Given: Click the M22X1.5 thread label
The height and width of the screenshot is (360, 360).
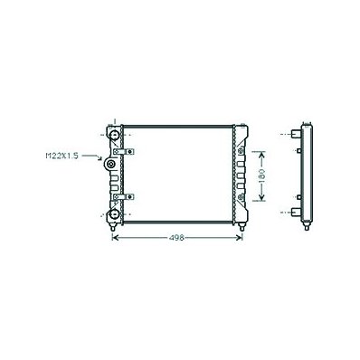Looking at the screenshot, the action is point(62,156).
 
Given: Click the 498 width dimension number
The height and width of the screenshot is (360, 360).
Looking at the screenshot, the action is point(176,238).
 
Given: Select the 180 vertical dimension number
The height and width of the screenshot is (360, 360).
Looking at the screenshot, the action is point(261,175).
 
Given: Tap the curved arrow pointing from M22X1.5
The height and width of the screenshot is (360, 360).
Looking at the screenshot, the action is point(92,156).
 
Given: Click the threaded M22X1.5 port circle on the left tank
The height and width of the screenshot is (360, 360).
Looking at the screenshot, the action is point(110,164).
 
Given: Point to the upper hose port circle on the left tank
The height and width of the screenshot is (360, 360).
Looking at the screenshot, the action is point(114,135).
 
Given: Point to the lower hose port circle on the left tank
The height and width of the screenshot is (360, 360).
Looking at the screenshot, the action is point(114,214).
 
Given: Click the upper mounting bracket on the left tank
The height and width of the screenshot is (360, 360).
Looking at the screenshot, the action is point(124,152).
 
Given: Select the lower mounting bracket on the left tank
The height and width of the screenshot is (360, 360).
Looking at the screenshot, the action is point(124,197).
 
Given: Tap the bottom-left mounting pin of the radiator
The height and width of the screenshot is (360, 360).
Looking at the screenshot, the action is point(113,227).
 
